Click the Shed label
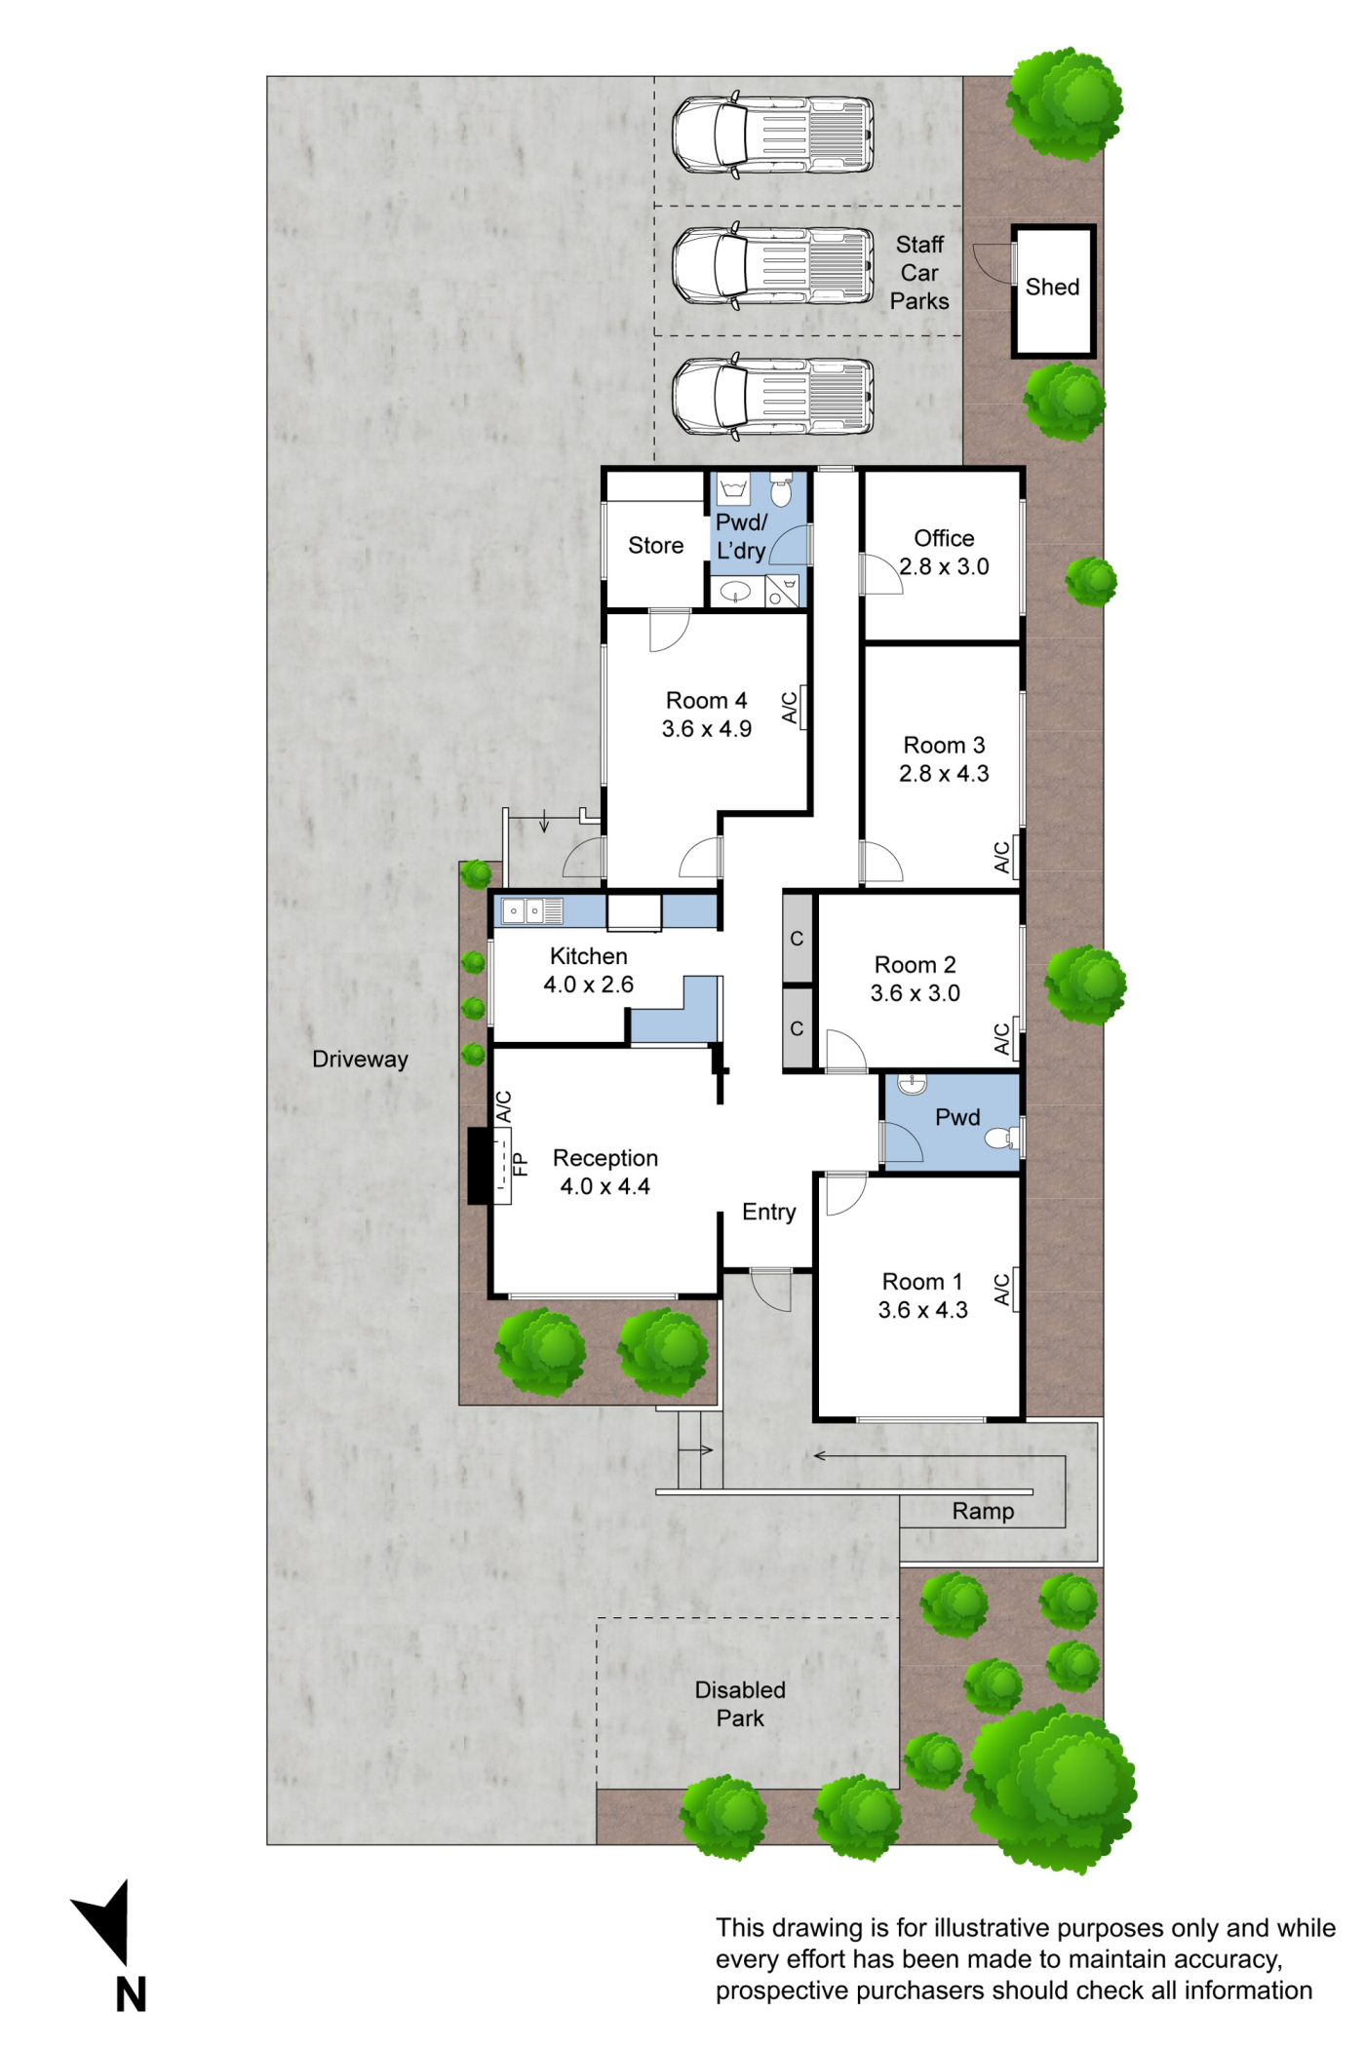pos(1052,287)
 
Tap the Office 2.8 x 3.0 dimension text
pos(944,566)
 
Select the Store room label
pos(655,545)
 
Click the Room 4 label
pos(706,700)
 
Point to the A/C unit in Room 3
pos(1016,856)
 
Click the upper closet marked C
pos(798,938)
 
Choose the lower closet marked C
pos(798,1028)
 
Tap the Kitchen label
pos(588,956)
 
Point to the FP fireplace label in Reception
pos(521,1164)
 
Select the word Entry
pos(769,1212)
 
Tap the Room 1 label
pos(921,1281)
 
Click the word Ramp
pos(983,1511)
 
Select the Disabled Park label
pos(740,1704)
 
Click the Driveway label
pos(360,1060)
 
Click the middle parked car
pos(772,266)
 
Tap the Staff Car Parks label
pos(919,273)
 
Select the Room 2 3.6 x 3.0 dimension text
pos(915,993)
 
